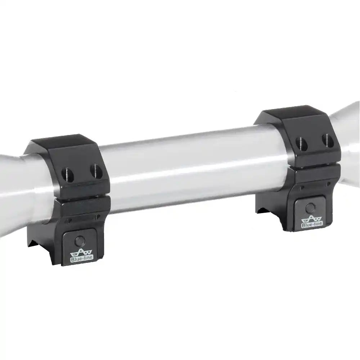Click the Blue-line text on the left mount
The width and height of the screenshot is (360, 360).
coord(81,258)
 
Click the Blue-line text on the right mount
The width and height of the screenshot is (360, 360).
coord(312,225)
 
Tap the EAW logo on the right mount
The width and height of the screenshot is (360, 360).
coord(312,219)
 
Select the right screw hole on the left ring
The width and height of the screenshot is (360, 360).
coord(96,170)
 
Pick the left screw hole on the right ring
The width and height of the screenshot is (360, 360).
coord(302,143)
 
